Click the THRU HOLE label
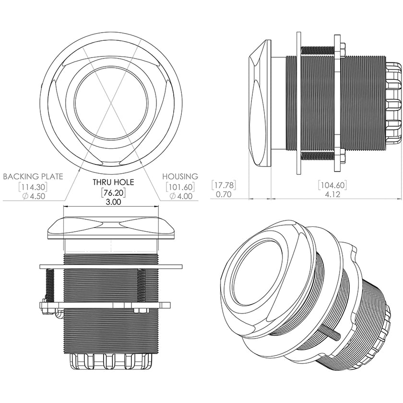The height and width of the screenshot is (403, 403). (x=113, y=182)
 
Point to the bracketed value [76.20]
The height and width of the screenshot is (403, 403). (x=113, y=192)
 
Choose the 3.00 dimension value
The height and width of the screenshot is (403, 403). (x=113, y=202)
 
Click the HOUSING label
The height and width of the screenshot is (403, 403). (x=180, y=177)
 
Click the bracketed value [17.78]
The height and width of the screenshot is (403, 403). (x=224, y=185)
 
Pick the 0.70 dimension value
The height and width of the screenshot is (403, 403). (x=224, y=195)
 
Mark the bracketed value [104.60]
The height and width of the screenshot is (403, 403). (x=332, y=185)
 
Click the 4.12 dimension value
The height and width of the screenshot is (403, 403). (x=332, y=195)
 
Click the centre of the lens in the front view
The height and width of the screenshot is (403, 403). (x=111, y=102)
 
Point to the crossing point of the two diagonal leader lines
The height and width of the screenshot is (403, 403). (x=111, y=102)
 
